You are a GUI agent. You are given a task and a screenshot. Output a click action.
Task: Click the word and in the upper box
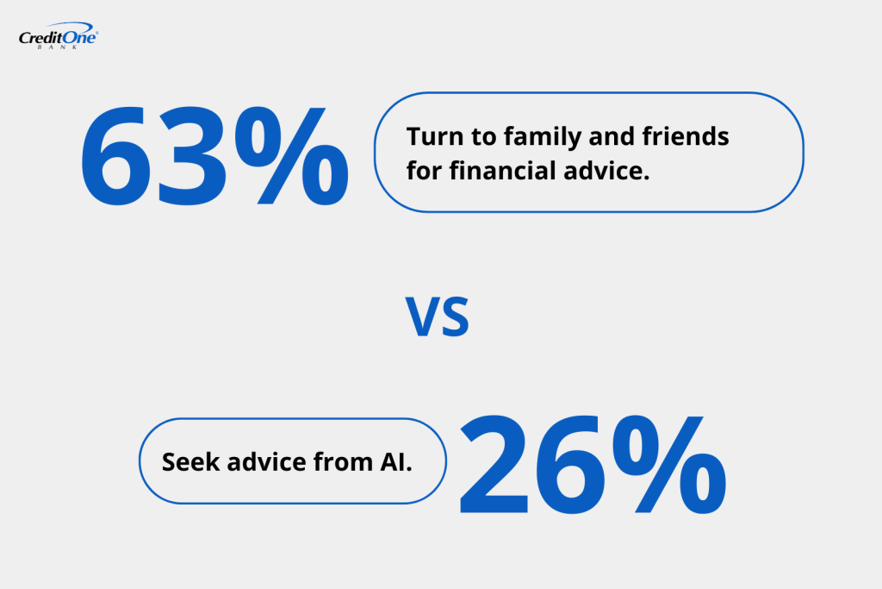click(611, 137)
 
